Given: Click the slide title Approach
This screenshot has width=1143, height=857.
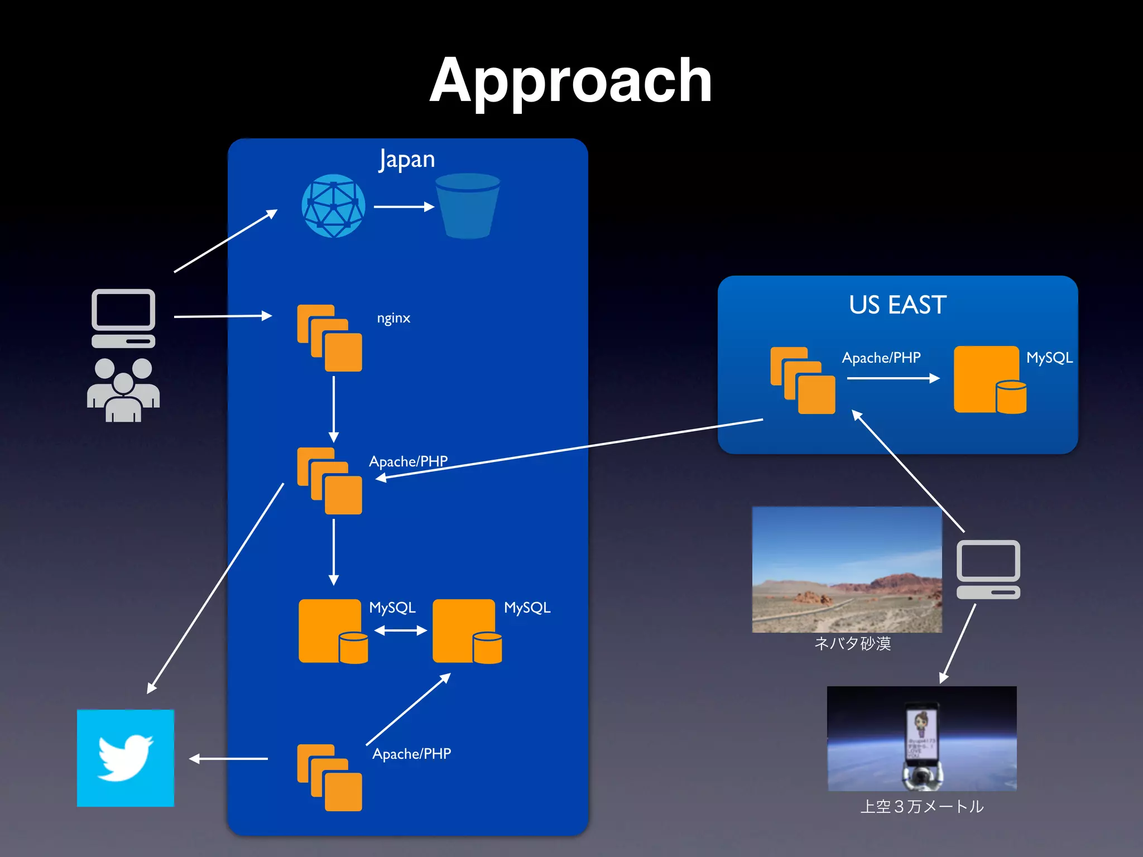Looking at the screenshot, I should coord(570,81).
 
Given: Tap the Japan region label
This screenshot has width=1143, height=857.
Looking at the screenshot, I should coord(407,160).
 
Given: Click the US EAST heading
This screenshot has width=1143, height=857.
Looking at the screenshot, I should coord(897,305).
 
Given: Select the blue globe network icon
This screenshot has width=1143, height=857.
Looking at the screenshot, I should coord(333,206).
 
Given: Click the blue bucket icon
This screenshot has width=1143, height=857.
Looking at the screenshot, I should coord(467,206).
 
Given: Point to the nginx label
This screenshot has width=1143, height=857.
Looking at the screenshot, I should coord(393,318).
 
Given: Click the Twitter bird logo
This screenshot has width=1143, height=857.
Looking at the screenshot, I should coord(126,758).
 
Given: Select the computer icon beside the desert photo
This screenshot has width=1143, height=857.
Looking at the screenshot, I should coord(988,569).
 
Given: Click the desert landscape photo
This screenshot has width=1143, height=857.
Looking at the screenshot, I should coord(847,569).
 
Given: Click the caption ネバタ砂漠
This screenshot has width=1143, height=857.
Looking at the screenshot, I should coord(852,643).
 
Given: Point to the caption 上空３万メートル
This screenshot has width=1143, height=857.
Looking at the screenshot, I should coord(921,806).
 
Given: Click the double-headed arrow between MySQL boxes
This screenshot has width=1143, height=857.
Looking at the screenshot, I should coord(400,630).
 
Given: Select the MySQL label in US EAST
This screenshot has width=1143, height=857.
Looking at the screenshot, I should coord(1049,358).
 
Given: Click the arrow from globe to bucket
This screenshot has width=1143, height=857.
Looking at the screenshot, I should coord(404,207).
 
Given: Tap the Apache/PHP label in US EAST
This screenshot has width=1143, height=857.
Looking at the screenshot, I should coord(881,358).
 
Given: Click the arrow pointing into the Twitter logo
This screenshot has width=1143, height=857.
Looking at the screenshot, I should coord(228,759).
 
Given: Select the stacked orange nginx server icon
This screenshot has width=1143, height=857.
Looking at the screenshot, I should coord(329,338).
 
